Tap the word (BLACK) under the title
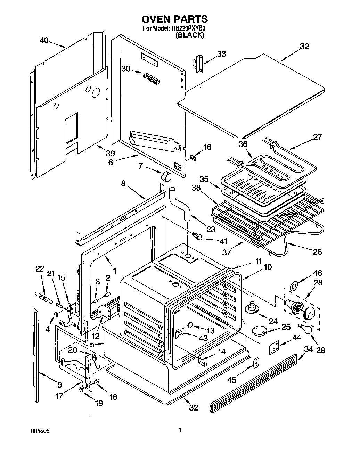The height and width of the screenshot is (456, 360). pyautogui.click(x=190, y=35)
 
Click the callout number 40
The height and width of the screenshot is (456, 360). pyautogui.click(x=44, y=40)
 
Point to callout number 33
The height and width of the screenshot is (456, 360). pyautogui.click(x=221, y=54)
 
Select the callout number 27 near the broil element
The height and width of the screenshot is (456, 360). pyautogui.click(x=317, y=137)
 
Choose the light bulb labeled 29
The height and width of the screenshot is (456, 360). pyautogui.click(x=306, y=329)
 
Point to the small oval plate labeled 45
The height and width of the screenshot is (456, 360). pyautogui.click(x=255, y=363)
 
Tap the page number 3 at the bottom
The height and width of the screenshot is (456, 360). pyautogui.click(x=180, y=431)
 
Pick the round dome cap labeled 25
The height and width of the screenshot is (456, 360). pyautogui.click(x=259, y=331)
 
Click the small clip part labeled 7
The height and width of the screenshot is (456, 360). pyautogui.click(x=166, y=176)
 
